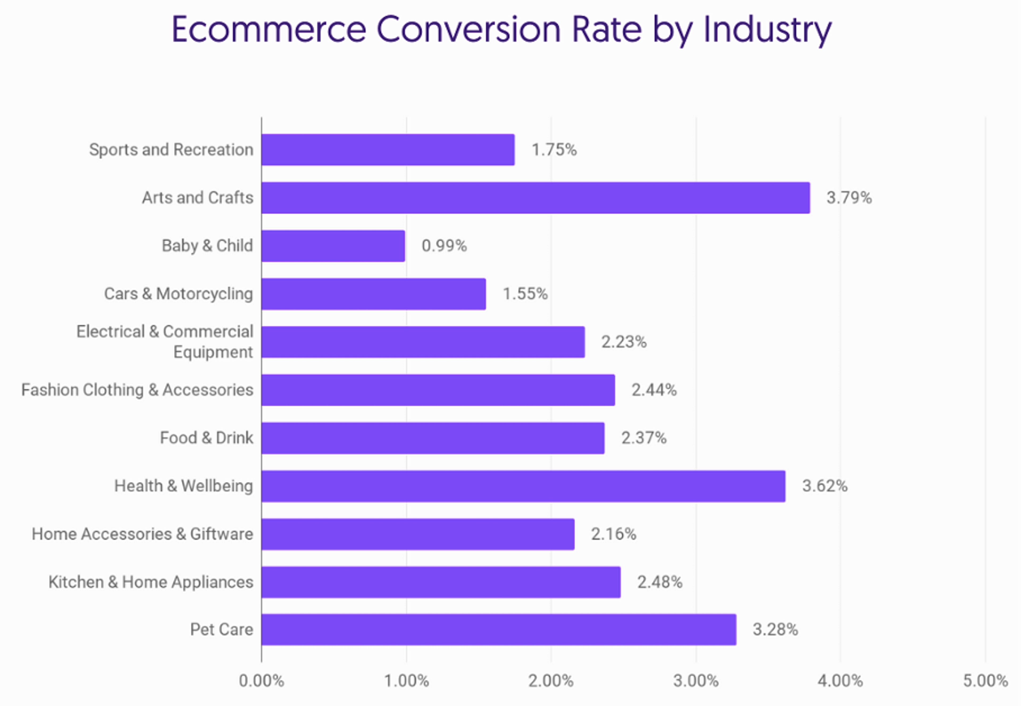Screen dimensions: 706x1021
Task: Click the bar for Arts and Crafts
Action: [535, 198]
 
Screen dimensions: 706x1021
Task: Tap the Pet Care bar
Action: [499, 629]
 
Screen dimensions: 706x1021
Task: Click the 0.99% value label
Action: [444, 246]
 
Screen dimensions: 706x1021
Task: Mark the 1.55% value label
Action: [525, 294]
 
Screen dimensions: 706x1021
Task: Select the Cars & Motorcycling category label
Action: [178, 294]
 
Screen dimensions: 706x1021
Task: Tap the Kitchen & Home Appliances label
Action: [151, 582]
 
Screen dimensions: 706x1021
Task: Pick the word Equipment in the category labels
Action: [213, 352]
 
